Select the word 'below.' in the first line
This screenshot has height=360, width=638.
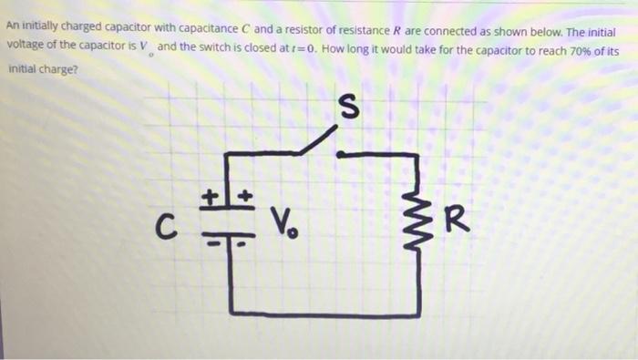pos(537,26)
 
